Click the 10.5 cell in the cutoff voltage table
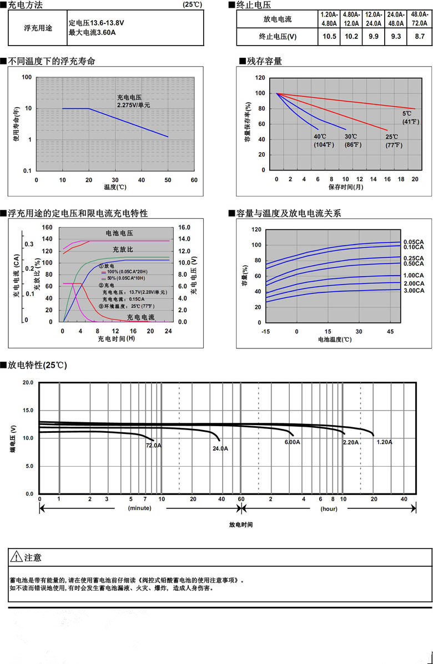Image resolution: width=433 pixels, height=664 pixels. point(330,37)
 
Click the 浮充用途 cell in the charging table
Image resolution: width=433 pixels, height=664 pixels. point(38,28)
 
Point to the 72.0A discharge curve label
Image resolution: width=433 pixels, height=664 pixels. point(153,445)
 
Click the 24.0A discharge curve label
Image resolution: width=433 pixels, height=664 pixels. point(220,448)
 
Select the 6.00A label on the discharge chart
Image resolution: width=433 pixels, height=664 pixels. point(293,442)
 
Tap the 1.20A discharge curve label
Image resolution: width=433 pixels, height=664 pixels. point(384,442)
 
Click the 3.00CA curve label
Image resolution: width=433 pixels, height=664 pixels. point(414,290)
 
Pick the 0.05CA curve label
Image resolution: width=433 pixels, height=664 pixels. point(414,242)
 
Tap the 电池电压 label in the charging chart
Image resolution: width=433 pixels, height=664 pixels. point(119,233)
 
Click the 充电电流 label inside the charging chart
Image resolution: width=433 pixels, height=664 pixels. point(141,317)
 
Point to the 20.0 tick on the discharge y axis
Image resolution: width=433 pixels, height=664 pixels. point(28,383)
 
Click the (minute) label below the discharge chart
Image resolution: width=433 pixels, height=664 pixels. point(139,508)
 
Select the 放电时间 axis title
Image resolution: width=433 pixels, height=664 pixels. point(241,524)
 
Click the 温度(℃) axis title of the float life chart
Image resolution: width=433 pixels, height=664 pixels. point(115,187)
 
